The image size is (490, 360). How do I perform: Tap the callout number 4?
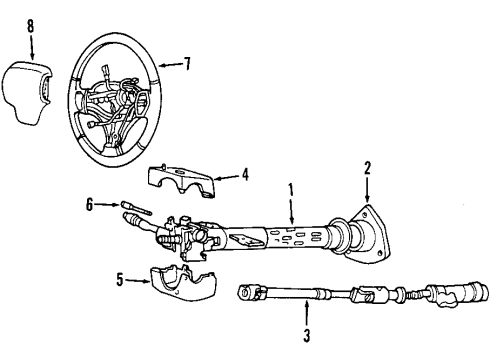click(x=246, y=174)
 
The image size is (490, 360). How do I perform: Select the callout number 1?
click(x=292, y=188)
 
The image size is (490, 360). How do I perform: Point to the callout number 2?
click(x=367, y=168)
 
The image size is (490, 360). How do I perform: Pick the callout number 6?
click(x=89, y=204)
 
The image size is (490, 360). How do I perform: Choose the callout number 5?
click(x=120, y=281)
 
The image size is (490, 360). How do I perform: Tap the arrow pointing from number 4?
click(x=228, y=175)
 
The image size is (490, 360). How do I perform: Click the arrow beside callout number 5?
click(x=139, y=281)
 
